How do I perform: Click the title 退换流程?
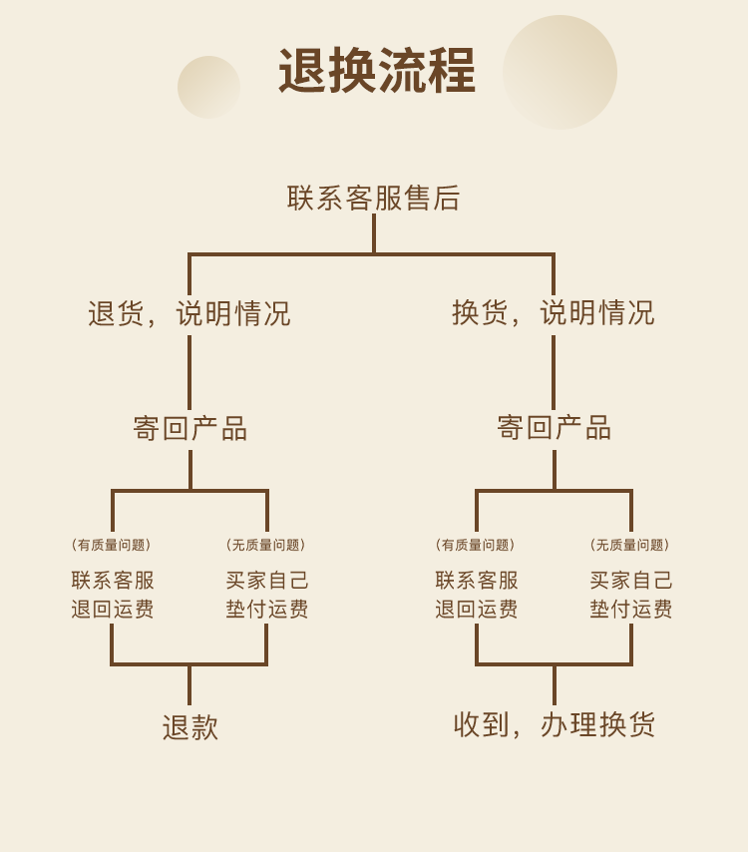tap(376, 72)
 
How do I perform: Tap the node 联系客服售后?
tap(374, 198)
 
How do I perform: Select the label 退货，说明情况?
tap(189, 313)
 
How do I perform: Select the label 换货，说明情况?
tap(554, 312)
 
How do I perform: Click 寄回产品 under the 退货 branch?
tap(189, 428)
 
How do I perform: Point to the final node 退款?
tap(189, 727)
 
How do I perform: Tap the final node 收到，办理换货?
tap(554, 725)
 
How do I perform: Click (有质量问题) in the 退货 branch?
tap(112, 545)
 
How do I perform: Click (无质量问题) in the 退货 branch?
tap(266, 545)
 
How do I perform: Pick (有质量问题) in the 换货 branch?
tap(476, 545)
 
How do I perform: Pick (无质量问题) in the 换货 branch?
tap(630, 545)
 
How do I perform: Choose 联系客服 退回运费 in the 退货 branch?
tap(113, 595)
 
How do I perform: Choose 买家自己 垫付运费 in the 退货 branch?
tap(266, 595)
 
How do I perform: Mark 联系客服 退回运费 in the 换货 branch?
tap(477, 595)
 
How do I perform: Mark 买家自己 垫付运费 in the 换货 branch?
tap(630, 595)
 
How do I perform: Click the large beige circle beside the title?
tap(560, 72)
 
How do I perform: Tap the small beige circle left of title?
tap(208, 87)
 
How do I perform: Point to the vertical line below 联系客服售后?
tap(374, 234)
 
